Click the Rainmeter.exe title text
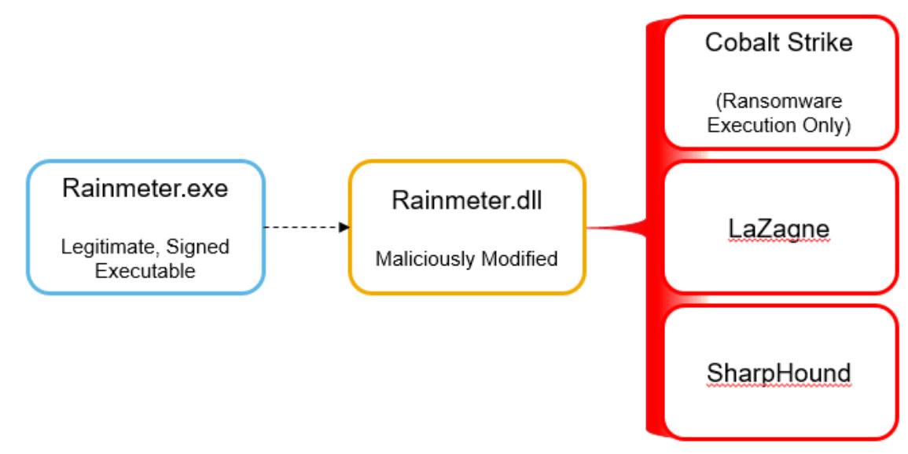click(145, 189)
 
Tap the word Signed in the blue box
click(198, 247)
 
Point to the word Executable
click(145, 271)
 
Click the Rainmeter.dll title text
click(467, 200)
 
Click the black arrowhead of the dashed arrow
click(344, 227)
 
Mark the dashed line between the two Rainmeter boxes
click(301, 227)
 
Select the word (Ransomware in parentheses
click(779, 102)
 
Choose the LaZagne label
click(779, 229)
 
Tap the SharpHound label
click(779, 374)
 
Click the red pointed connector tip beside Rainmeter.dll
click(587, 228)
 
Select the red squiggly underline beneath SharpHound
click(779, 386)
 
